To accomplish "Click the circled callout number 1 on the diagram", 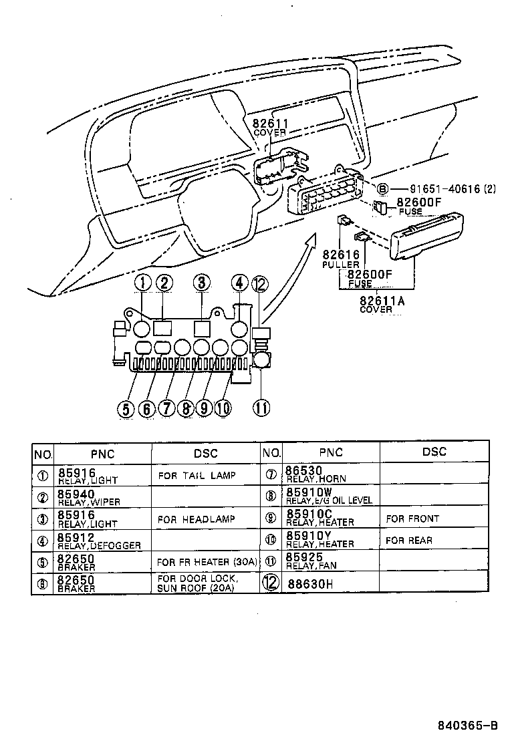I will click(x=141, y=283).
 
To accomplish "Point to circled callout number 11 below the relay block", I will click(x=259, y=407).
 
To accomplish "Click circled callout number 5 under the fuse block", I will click(x=125, y=408).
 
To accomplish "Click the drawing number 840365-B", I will click(x=468, y=725).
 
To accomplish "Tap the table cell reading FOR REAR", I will click(x=409, y=540).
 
